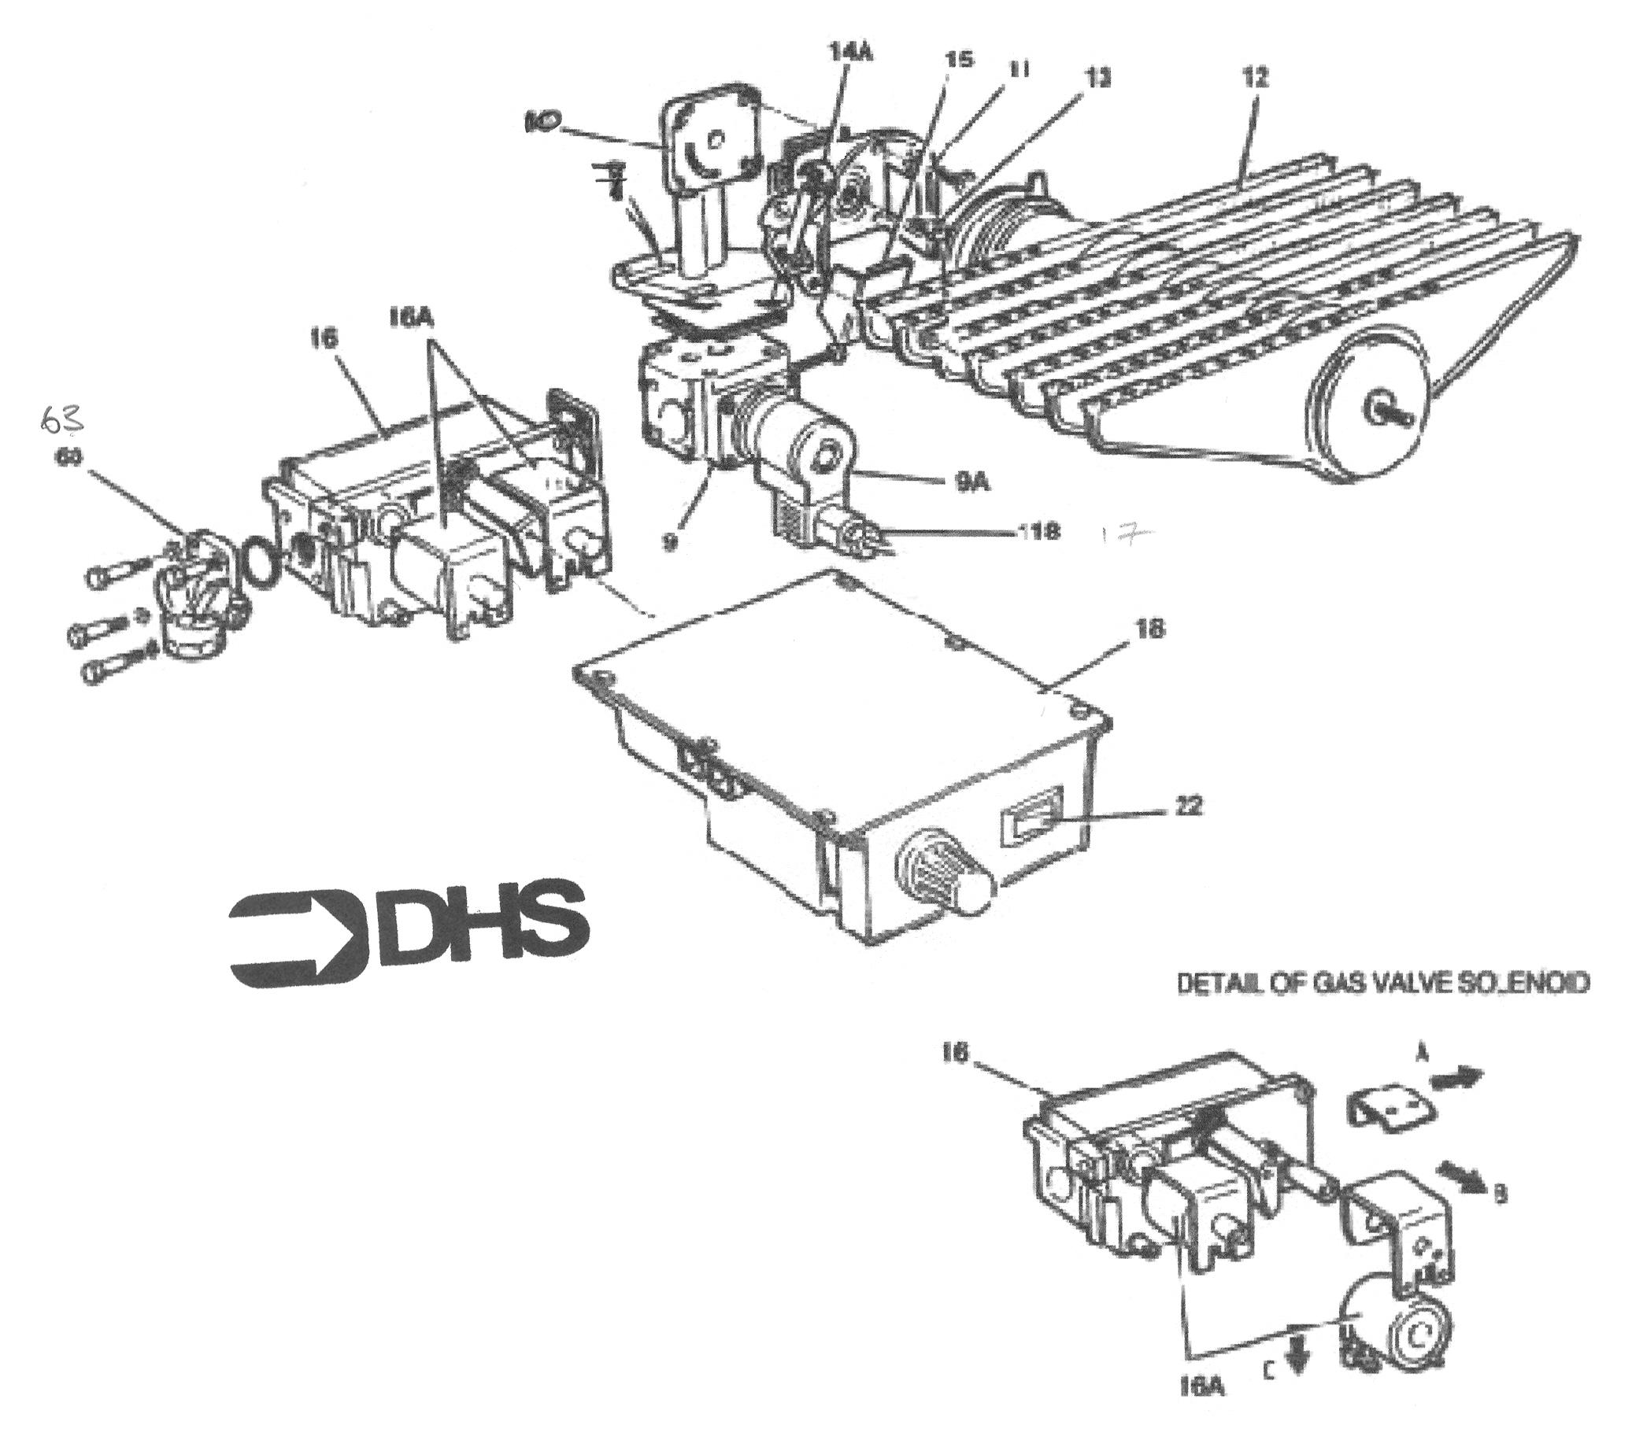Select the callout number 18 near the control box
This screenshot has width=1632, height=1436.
tap(1145, 629)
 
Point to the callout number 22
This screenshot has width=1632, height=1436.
tap(1184, 807)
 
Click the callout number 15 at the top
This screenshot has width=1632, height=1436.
tap(958, 60)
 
